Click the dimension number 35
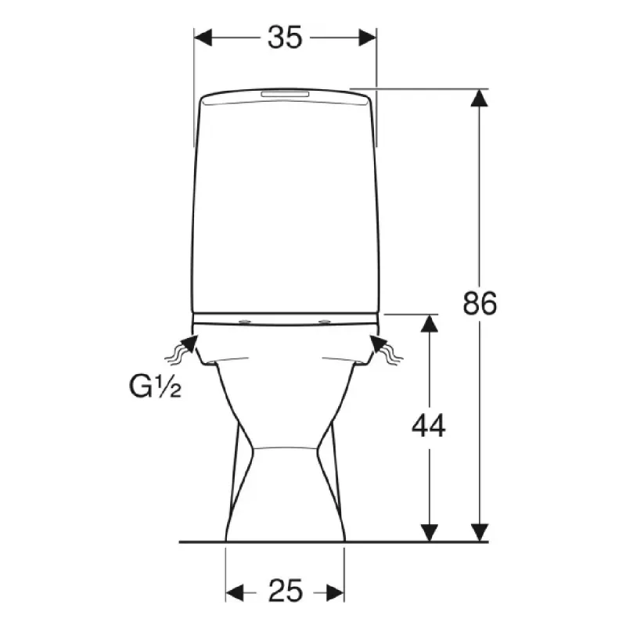[x=285, y=38]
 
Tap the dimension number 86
[x=480, y=303]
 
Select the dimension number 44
[x=428, y=426]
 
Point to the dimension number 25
[x=285, y=591]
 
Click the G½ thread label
[x=155, y=387]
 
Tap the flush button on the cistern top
[x=285, y=94]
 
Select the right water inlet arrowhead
[x=379, y=344]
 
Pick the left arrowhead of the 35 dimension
[x=203, y=38]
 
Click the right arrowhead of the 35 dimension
[x=367, y=38]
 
